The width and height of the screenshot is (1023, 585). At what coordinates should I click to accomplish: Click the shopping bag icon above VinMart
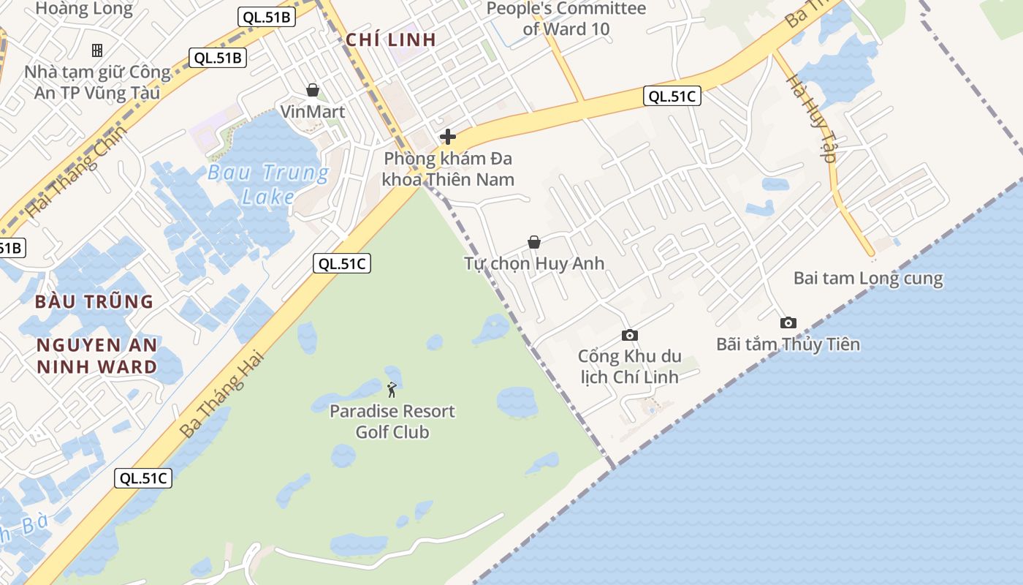click(x=313, y=90)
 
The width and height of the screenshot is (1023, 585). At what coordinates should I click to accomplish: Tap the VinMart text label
click(x=313, y=112)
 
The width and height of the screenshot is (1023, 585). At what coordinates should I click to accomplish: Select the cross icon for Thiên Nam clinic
click(x=448, y=137)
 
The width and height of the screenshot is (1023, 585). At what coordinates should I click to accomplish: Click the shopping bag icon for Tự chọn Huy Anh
click(x=534, y=242)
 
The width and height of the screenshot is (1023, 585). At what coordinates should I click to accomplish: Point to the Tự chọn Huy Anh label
click(x=534, y=263)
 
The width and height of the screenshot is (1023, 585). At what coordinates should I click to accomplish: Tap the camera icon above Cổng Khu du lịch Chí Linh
click(x=629, y=336)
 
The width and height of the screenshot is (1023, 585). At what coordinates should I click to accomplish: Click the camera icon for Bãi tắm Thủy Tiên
click(x=788, y=322)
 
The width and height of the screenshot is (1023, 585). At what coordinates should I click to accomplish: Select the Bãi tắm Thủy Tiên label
click(x=788, y=344)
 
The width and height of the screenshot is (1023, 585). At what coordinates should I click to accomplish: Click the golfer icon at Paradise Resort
click(x=392, y=390)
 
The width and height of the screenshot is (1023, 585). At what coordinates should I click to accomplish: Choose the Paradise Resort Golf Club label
click(x=392, y=421)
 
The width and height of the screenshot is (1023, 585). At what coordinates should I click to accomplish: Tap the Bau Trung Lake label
click(x=268, y=184)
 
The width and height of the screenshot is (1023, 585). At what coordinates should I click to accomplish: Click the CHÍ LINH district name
click(x=391, y=39)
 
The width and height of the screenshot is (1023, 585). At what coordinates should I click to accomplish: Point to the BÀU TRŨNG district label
click(x=94, y=301)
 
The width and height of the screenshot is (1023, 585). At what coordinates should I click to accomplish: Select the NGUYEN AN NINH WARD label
click(x=97, y=355)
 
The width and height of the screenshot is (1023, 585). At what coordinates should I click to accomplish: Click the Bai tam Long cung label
click(x=868, y=279)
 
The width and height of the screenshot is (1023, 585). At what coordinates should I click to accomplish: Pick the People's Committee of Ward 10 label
click(x=566, y=19)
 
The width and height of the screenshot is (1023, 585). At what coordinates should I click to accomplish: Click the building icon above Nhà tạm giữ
click(x=96, y=50)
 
